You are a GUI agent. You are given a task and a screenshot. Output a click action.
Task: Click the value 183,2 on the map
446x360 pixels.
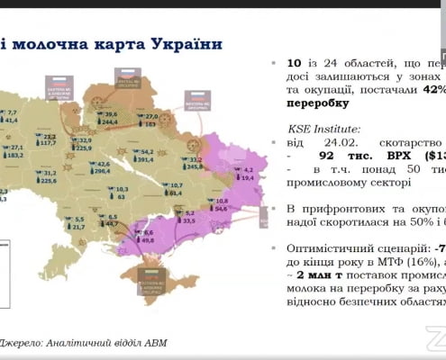pos(15,155)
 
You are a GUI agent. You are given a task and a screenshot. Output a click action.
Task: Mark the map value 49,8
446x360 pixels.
pos(148,240)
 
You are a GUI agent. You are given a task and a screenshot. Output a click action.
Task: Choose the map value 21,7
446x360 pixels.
pos(79,226)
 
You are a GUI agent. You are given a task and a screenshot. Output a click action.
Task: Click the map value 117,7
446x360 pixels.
pos(48,142)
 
